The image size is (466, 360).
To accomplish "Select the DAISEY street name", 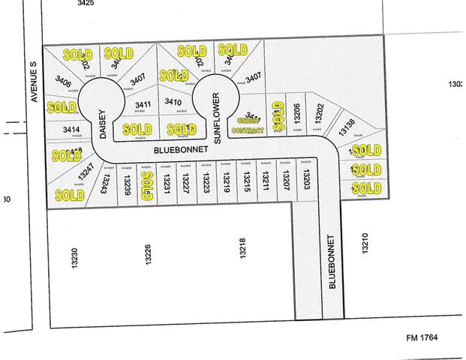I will (x=103, y=123).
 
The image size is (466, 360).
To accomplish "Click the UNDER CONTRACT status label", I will (x=250, y=125).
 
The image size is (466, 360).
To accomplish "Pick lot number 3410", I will (x=173, y=102).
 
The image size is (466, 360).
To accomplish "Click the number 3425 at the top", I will (x=86, y=4).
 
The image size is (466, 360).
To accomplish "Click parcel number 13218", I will (x=242, y=250).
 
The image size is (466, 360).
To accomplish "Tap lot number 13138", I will (x=347, y=127).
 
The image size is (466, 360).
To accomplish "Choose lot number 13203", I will (x=305, y=179).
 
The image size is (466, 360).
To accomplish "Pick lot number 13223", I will (x=206, y=181).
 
